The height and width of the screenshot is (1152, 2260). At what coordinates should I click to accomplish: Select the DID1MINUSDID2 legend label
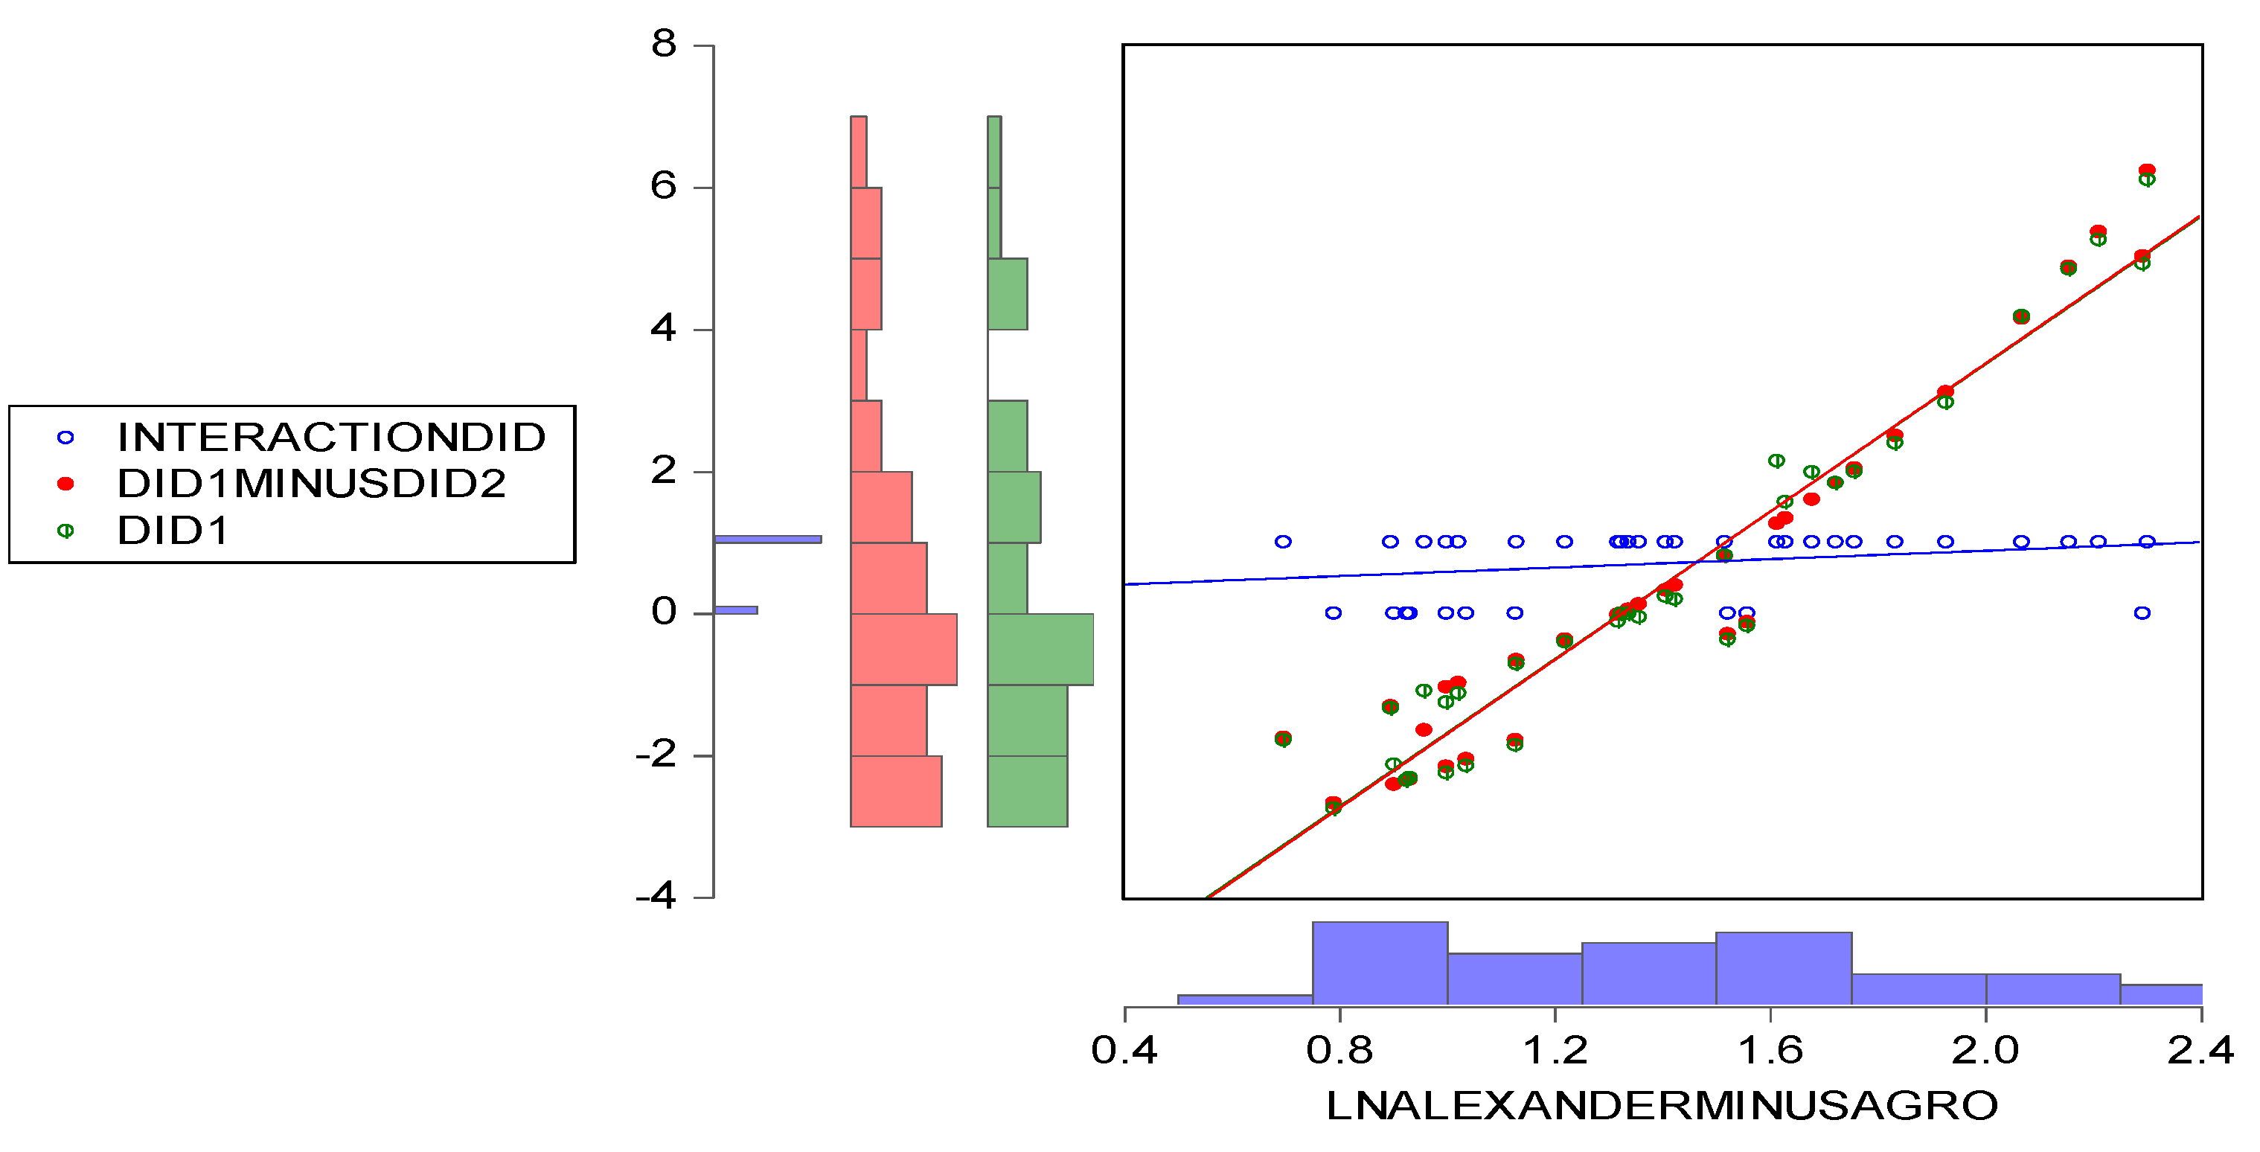312,484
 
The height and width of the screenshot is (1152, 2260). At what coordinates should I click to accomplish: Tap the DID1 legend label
173,531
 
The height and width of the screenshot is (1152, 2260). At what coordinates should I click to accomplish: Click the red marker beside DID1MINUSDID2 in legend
65,484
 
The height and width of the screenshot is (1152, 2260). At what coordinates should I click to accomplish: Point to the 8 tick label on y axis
664,44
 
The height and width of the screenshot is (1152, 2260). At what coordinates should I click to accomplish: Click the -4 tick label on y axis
656,897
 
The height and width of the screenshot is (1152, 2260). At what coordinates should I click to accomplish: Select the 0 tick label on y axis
664,612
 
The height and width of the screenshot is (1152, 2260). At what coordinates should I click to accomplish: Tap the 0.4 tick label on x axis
1124,1050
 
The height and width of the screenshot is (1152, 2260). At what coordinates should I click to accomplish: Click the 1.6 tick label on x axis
1770,1050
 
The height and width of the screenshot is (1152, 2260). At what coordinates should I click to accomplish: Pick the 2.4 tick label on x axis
2200,1050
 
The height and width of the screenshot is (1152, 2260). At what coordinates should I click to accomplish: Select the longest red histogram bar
903,649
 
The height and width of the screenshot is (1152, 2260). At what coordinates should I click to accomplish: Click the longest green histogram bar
1040,649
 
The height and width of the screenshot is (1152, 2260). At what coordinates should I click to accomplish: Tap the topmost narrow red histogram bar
859,152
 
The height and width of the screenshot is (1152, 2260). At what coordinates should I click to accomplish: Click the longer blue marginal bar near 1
768,540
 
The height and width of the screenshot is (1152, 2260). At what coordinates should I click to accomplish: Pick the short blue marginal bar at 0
736,609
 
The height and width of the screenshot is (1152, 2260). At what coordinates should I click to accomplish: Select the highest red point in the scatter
2147,170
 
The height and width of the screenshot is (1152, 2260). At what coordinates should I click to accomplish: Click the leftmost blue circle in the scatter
1283,541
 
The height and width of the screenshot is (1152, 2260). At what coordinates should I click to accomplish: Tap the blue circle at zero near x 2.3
2142,613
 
